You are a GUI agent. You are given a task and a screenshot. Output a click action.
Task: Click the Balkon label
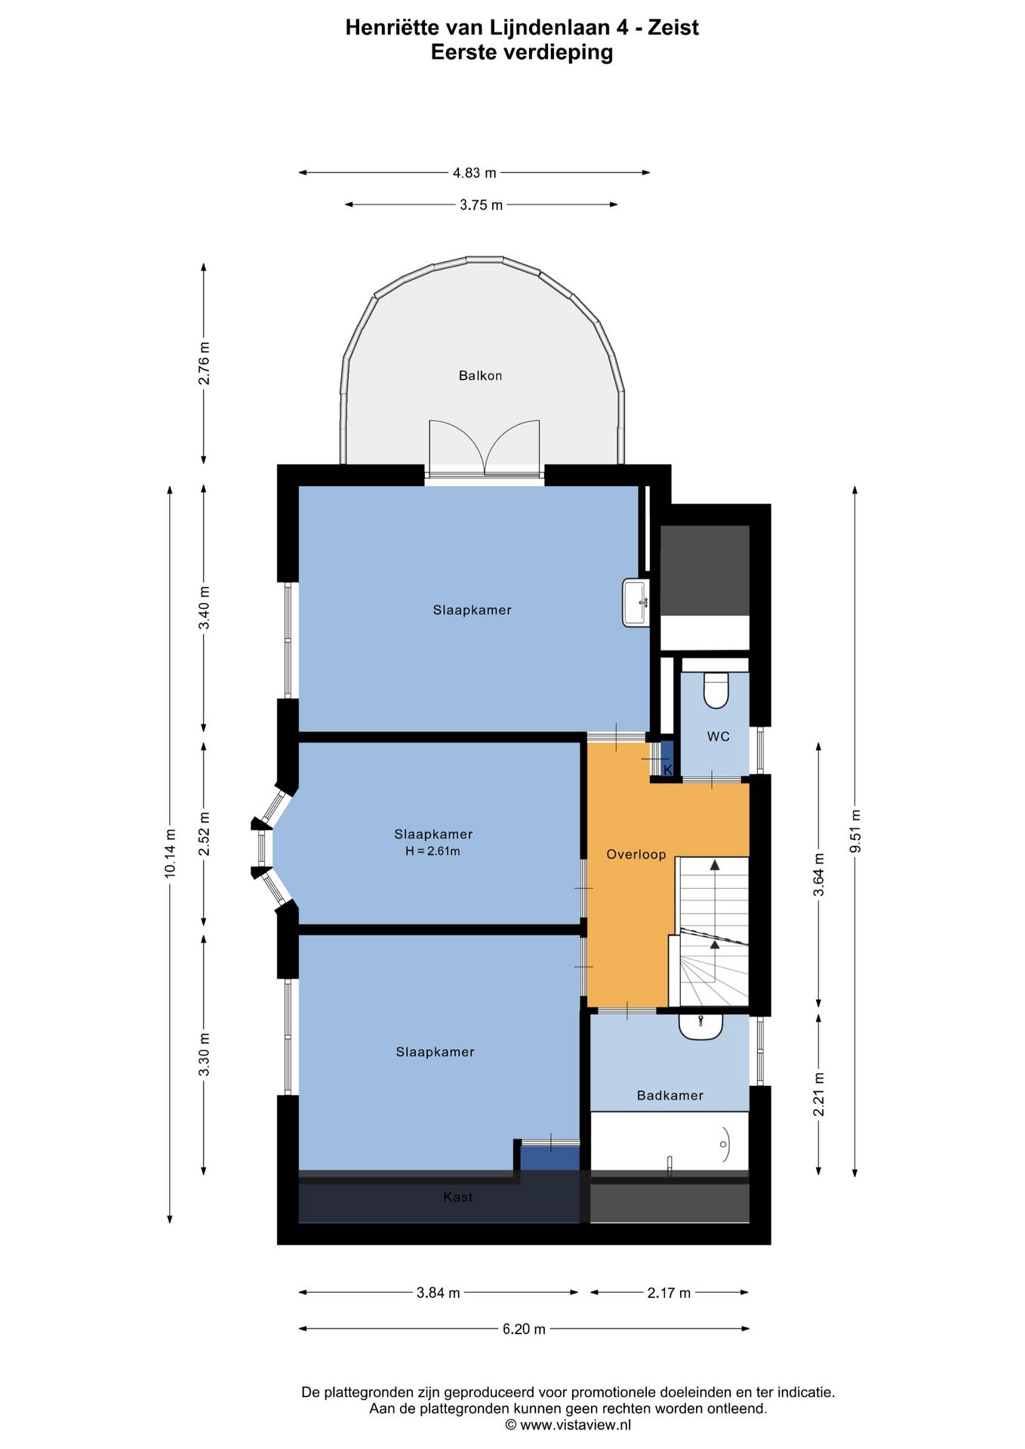point(480,376)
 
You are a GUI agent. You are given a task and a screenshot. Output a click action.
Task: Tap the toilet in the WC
point(716,690)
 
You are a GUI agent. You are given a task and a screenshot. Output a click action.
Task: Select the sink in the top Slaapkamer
point(636,602)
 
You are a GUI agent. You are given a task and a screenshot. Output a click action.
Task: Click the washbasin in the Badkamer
point(700,1026)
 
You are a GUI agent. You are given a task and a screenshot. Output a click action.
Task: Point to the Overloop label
point(636,854)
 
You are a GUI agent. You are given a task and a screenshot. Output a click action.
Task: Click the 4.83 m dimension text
point(474,173)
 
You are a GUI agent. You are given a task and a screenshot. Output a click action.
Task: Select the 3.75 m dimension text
point(481,205)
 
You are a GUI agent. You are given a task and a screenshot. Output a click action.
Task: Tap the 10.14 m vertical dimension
point(171,853)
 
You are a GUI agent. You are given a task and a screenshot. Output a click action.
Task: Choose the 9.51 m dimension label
point(855,831)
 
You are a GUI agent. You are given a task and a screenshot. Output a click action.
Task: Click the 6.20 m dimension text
point(524,1329)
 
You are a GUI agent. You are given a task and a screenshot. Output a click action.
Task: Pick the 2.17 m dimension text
point(669,1293)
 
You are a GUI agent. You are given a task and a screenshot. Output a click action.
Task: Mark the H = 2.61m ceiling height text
point(432,851)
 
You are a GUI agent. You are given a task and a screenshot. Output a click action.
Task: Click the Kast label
point(458,1197)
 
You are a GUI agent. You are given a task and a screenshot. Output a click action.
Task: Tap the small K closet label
point(667,769)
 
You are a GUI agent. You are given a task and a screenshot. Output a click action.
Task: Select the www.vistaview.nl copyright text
point(568,1425)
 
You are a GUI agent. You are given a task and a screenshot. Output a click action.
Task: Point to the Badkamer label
point(669,1095)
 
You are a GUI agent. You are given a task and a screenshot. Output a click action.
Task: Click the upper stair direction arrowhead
point(715,865)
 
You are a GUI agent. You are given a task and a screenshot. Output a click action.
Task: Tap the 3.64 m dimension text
point(819,875)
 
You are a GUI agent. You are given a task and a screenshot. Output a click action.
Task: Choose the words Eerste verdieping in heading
point(522,52)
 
